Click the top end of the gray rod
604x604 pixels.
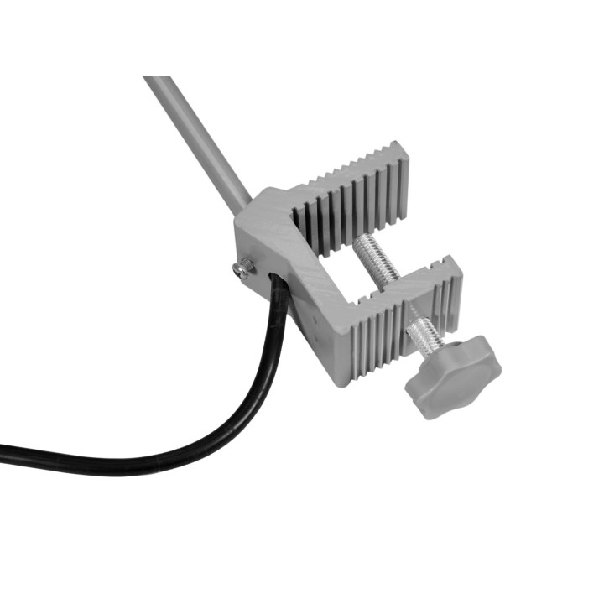(x=155, y=81)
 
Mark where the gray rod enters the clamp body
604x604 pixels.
(x=246, y=204)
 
